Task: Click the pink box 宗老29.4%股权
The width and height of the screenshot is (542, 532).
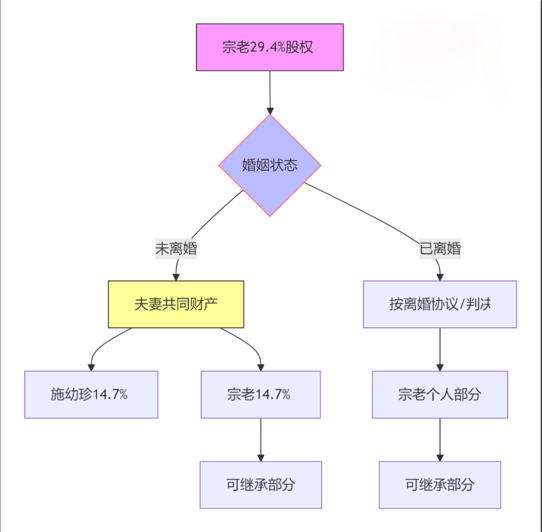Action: pos(270,47)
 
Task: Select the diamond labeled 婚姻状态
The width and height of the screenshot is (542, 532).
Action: pos(270,165)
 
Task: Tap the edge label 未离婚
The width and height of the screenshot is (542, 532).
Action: pos(176,249)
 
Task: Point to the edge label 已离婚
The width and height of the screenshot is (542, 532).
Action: pos(440,249)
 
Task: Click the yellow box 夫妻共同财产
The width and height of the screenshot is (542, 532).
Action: pos(176,305)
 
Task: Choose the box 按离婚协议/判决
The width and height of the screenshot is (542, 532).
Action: pos(440,305)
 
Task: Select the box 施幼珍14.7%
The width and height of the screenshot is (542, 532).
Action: pos(91,395)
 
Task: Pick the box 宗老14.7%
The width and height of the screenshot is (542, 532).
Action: pos(261,395)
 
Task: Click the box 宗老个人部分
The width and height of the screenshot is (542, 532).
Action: pos(440,395)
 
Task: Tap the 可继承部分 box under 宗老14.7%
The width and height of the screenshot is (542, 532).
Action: pos(261,485)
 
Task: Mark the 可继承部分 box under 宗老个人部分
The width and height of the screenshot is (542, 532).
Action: pos(440,485)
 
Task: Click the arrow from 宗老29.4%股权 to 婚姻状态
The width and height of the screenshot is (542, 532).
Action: pos(270,92)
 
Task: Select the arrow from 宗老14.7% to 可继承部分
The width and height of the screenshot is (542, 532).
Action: pos(261,440)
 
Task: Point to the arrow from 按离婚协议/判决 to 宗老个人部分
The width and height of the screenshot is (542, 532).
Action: pos(440,350)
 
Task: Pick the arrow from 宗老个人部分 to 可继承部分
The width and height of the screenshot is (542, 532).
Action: pos(440,440)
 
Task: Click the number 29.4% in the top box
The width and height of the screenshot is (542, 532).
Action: pos(267,48)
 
